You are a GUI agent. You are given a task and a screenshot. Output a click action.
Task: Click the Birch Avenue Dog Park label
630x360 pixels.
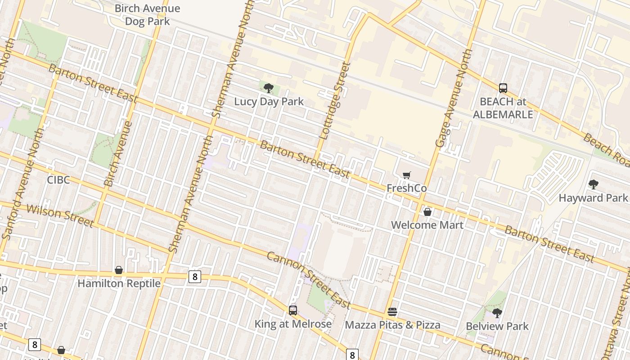coord(147,15)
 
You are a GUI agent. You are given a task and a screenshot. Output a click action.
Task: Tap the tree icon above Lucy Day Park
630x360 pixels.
coord(269,88)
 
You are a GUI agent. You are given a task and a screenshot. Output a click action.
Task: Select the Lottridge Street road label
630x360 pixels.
coord(334,100)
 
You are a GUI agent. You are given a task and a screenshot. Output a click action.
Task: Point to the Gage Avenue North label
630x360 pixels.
coord(454,98)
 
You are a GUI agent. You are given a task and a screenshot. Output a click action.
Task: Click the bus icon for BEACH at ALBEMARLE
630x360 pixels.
coord(503,88)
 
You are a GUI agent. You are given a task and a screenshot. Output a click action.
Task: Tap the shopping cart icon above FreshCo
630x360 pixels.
coord(406,175)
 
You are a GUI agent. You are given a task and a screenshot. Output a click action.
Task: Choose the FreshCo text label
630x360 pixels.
coord(406,188)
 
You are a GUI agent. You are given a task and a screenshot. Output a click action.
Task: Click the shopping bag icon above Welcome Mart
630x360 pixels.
coord(427,211)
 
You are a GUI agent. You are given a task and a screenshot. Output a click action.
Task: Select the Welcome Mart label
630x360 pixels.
coord(427,225)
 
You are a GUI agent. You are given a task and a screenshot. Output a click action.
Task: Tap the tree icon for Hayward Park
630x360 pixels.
coord(593,184)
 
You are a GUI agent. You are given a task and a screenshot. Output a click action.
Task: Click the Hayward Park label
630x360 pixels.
coord(593,198)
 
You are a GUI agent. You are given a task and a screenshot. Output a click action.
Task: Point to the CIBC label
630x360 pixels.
coord(58,180)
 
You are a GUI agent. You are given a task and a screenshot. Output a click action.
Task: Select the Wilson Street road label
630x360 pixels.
coord(60,216)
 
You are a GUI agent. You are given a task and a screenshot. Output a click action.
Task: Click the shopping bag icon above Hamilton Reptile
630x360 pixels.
coord(119,270)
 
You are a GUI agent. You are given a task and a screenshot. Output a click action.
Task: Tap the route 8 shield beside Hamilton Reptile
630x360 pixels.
coord(194,276)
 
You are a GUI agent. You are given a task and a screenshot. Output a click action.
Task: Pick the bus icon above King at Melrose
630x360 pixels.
coord(293,310)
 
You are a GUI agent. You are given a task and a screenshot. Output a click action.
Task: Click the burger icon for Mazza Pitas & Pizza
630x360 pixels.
coord(392,312)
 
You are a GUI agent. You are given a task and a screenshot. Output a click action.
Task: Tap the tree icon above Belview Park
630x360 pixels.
coord(497,313)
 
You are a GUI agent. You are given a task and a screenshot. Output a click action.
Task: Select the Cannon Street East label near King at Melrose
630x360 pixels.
coord(309,280)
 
